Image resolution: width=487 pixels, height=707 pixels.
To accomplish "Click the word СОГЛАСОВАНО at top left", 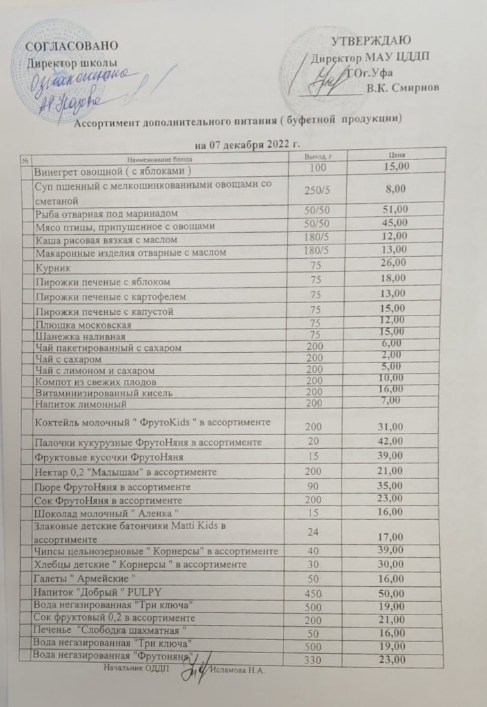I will click(x=71, y=46).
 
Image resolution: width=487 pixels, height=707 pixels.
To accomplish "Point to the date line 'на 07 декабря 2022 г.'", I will click(x=248, y=145).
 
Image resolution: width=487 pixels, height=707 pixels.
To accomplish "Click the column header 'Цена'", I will click(x=396, y=157).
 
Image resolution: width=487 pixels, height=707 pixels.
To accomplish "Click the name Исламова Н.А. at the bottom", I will click(x=239, y=670).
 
